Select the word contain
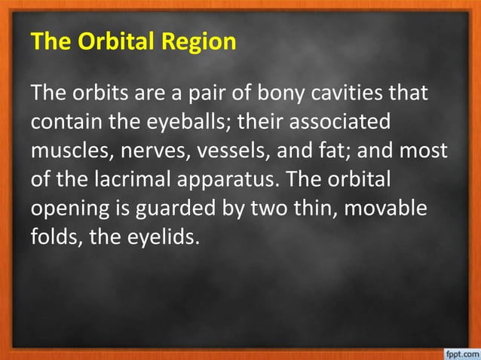coord(69,123)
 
